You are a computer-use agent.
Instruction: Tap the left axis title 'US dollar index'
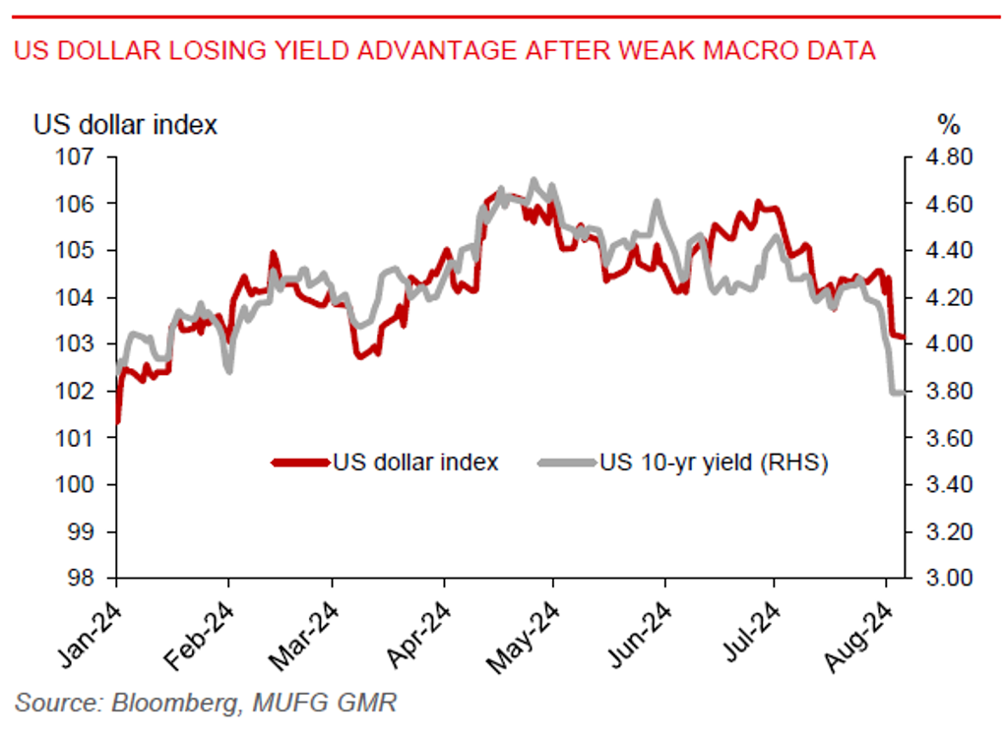(x=126, y=125)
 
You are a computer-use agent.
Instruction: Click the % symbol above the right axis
(x=947, y=125)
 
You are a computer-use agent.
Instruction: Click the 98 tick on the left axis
(x=81, y=579)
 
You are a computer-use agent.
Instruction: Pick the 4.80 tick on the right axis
(x=944, y=157)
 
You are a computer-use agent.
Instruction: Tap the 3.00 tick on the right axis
(x=944, y=579)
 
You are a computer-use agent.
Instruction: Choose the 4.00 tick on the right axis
(x=944, y=344)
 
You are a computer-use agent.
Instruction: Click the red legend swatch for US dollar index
(x=299, y=463)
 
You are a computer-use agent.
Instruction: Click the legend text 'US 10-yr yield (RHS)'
(x=713, y=463)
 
